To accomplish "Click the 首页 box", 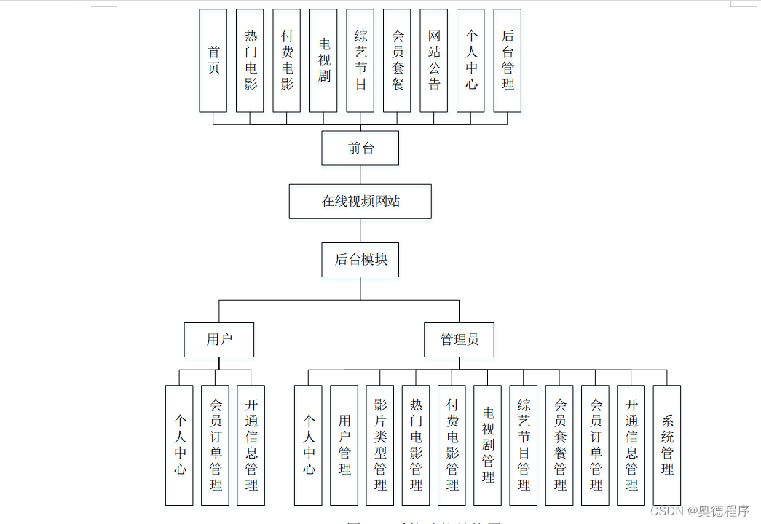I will pos(213,60).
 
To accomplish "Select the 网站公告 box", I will pos(434,60).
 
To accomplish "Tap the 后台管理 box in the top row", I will pos(508,60).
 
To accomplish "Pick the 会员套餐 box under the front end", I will pos(397,60).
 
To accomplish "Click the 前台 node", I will pos(360,148).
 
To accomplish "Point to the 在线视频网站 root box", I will pos(360,202).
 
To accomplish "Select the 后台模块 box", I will pos(360,260).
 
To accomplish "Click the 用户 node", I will pos(219,340).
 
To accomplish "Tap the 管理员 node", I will pos(459,340).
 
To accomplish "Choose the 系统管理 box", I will pos(667,445).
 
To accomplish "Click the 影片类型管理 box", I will pos(380,445).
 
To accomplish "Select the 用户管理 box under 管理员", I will pos(344,445).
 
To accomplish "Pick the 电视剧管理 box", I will pos(488,445).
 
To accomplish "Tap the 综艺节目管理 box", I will pos(524,445).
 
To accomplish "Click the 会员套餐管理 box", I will pos(559,445).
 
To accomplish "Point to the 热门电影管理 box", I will pos(416,445).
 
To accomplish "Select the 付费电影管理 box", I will pos(452,445).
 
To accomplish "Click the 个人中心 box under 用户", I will pos(180,445).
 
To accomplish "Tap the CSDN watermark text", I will pos(700,511).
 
